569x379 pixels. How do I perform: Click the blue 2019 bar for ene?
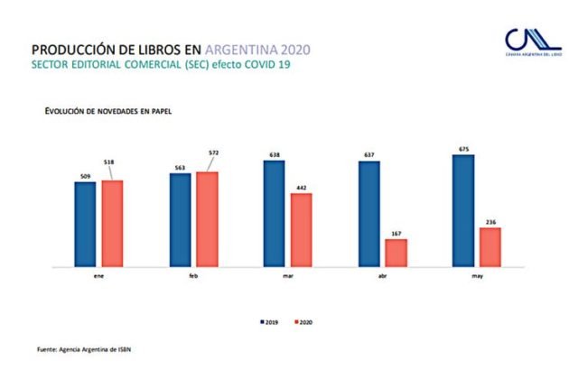click(x=85, y=224)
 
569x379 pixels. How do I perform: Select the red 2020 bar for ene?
click(x=112, y=223)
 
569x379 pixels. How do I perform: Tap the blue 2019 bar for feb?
click(x=180, y=219)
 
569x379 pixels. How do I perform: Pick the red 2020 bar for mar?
click(x=302, y=230)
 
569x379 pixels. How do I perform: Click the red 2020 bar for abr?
click(x=396, y=253)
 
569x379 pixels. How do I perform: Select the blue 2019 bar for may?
click(x=463, y=210)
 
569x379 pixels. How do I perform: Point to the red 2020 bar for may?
click(x=490, y=247)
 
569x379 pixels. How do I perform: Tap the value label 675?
click(x=463, y=148)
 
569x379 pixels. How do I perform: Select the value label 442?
click(x=302, y=187)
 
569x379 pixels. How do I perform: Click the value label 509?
click(x=84, y=175)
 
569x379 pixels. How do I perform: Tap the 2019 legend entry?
click(x=268, y=321)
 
